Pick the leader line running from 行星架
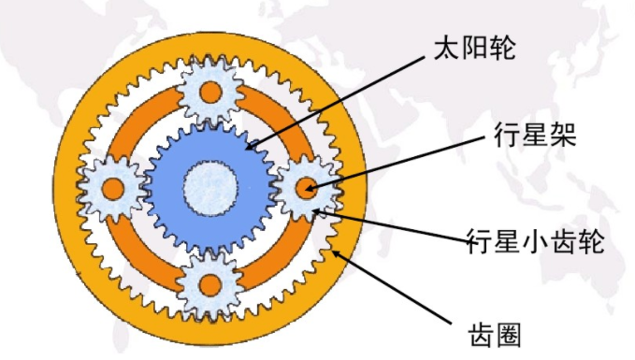pyautogui.click(x=402, y=165)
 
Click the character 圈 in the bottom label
pyautogui.click(x=515, y=334)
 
